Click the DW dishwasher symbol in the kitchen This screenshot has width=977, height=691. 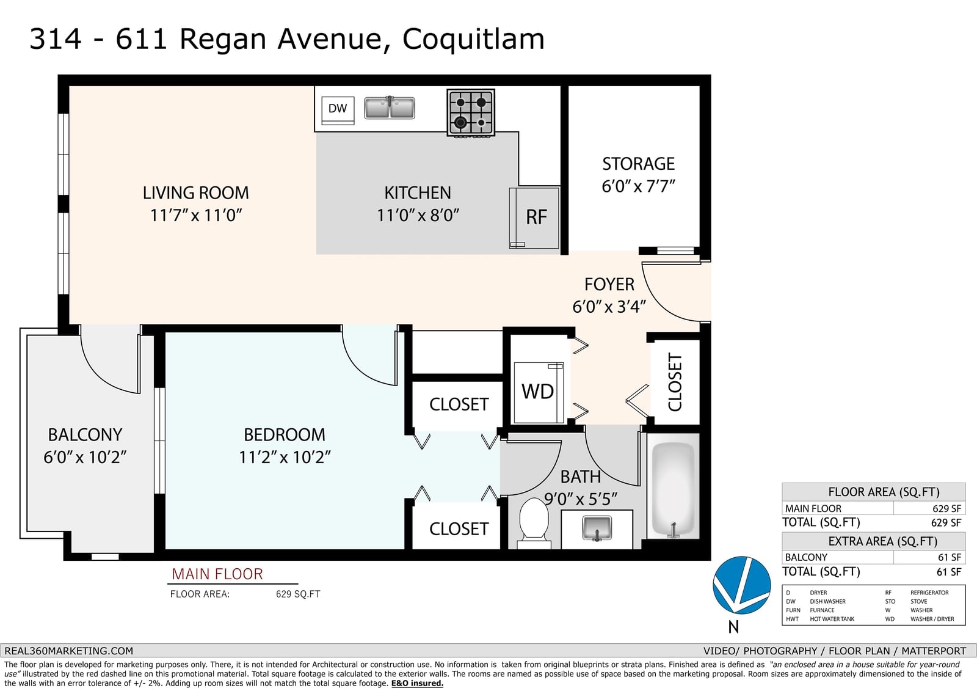338,111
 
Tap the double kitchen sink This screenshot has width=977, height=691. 390,108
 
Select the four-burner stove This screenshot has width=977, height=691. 471,112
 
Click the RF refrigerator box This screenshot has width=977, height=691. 534,218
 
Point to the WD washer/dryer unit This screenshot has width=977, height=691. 539,392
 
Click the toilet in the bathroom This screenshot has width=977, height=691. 534,523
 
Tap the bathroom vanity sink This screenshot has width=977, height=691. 597,528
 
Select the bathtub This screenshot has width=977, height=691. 673,489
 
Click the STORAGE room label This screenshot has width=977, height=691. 639,164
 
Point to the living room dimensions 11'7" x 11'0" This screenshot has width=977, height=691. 196,215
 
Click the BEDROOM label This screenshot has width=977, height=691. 285,435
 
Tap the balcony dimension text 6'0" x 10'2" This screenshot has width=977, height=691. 85,457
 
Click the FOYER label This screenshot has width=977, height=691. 609,285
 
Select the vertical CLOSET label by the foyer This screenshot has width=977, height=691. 675,382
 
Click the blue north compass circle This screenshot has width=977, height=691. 741,585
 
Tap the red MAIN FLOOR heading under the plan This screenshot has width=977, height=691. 217,574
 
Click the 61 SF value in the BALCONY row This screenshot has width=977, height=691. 949,557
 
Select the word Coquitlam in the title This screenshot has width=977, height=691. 473,39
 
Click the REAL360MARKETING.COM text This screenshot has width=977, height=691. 68,651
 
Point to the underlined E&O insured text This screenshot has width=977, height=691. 417,684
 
